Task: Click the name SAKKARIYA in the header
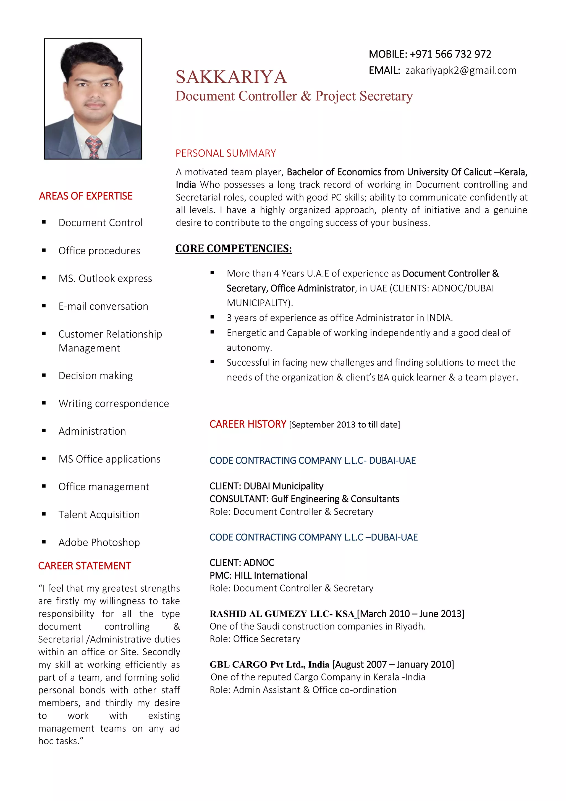point(231,77)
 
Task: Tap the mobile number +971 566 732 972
point(450,54)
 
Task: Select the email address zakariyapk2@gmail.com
point(461,71)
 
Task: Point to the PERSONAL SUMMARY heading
point(226,153)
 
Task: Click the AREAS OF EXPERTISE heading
point(86,196)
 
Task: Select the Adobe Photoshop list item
point(99,542)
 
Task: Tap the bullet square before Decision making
point(44,375)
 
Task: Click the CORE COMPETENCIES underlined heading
point(233,249)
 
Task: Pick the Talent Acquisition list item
point(99,515)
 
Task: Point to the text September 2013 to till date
point(344,425)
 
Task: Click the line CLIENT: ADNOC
point(242,562)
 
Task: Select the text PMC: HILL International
point(258,575)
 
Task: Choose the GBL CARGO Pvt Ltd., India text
point(269,665)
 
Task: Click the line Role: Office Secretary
point(255,639)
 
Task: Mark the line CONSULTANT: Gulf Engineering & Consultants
point(304,499)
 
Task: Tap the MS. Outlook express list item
point(105,278)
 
